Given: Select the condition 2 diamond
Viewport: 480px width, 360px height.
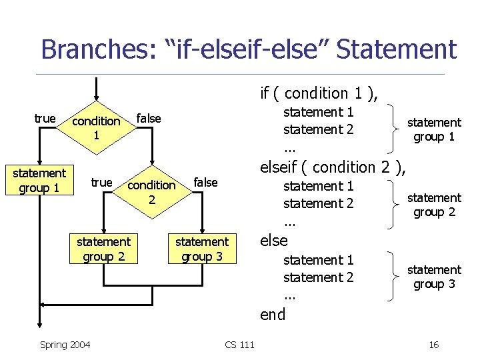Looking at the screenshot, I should (151, 191).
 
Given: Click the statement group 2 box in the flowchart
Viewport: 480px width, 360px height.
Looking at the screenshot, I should (103, 249).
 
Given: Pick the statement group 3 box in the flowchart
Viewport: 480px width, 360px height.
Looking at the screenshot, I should (201, 249).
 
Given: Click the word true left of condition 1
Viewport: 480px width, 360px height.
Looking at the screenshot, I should (45, 119).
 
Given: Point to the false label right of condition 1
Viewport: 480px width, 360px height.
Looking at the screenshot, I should (148, 119).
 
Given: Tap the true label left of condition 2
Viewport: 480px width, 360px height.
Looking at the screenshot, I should (101, 182).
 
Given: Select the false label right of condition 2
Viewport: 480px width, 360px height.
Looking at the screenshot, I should (205, 183).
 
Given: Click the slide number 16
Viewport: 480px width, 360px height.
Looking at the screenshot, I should (433, 345).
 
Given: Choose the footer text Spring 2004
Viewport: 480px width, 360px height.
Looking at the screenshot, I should (65, 345).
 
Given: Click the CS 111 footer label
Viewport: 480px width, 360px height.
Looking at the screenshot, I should (239, 345).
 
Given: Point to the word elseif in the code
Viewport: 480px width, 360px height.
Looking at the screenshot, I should (283, 167).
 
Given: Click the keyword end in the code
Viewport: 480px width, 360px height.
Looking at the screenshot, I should (273, 315).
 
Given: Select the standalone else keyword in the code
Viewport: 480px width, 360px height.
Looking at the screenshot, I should (273, 241).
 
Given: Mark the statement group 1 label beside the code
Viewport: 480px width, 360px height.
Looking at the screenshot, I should (434, 129).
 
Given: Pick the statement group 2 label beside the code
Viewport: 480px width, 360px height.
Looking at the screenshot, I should (434, 205).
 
